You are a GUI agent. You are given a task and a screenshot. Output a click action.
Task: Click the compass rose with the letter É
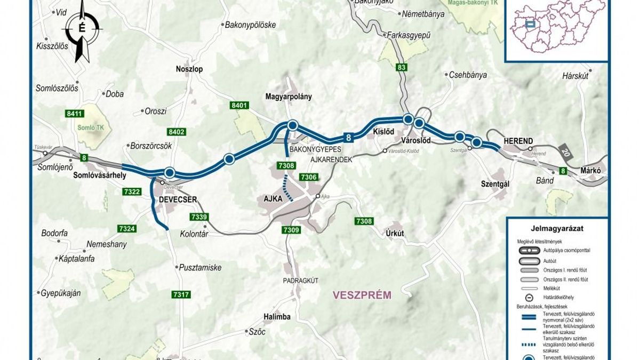(81, 29)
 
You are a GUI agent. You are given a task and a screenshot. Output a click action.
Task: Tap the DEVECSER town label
(178, 199)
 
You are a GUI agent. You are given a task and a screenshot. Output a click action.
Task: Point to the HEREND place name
(518, 141)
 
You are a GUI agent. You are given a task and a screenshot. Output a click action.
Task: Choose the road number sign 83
(401, 68)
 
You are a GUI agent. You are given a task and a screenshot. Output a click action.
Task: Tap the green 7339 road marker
(199, 217)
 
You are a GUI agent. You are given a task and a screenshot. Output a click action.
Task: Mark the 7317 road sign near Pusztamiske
(181, 294)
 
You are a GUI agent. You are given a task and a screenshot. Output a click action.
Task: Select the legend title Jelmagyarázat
(557, 228)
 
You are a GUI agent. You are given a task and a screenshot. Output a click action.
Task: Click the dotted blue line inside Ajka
(287, 190)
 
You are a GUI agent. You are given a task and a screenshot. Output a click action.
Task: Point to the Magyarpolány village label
(288, 97)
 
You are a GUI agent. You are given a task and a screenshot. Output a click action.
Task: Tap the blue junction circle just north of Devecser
(170, 172)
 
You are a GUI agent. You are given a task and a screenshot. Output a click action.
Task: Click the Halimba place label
(277, 316)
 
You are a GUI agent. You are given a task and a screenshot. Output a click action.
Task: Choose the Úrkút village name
(395, 233)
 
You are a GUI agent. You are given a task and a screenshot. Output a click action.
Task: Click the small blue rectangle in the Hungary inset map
(530, 24)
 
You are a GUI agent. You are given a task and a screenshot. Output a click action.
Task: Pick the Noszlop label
(189, 69)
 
